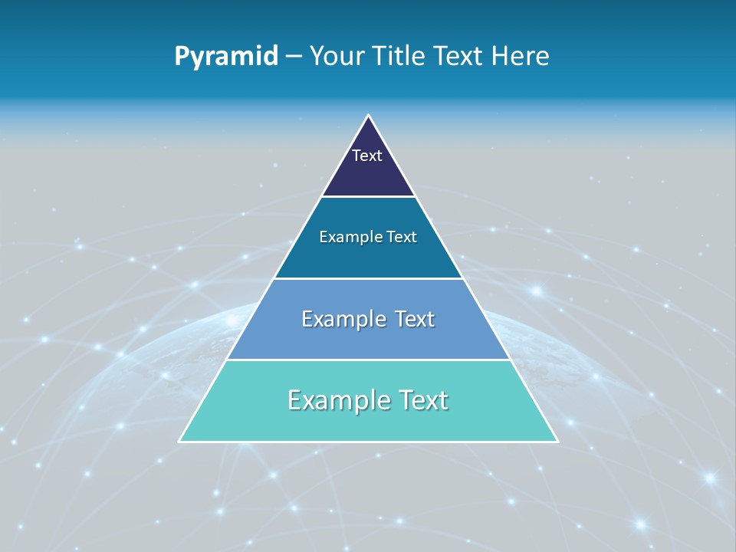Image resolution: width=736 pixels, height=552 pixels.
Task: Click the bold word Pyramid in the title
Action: click(x=226, y=56)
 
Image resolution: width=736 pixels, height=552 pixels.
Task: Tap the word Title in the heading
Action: click(x=401, y=56)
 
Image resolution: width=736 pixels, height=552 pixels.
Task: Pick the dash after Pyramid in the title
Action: click(x=294, y=57)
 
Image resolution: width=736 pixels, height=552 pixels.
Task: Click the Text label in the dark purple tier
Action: click(x=367, y=156)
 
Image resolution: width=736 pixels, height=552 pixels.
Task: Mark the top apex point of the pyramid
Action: click(x=369, y=116)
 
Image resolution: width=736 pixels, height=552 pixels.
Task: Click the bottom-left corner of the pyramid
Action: click(x=179, y=441)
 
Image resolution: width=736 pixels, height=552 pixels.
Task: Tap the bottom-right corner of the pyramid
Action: click(x=557, y=441)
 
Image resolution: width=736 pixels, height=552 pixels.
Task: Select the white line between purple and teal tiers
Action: click(x=368, y=197)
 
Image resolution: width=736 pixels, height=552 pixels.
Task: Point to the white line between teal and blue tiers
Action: click(x=368, y=278)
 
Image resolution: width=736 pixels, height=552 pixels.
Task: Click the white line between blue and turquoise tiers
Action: click(x=368, y=360)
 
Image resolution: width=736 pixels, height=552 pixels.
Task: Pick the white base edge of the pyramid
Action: click(x=368, y=442)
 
